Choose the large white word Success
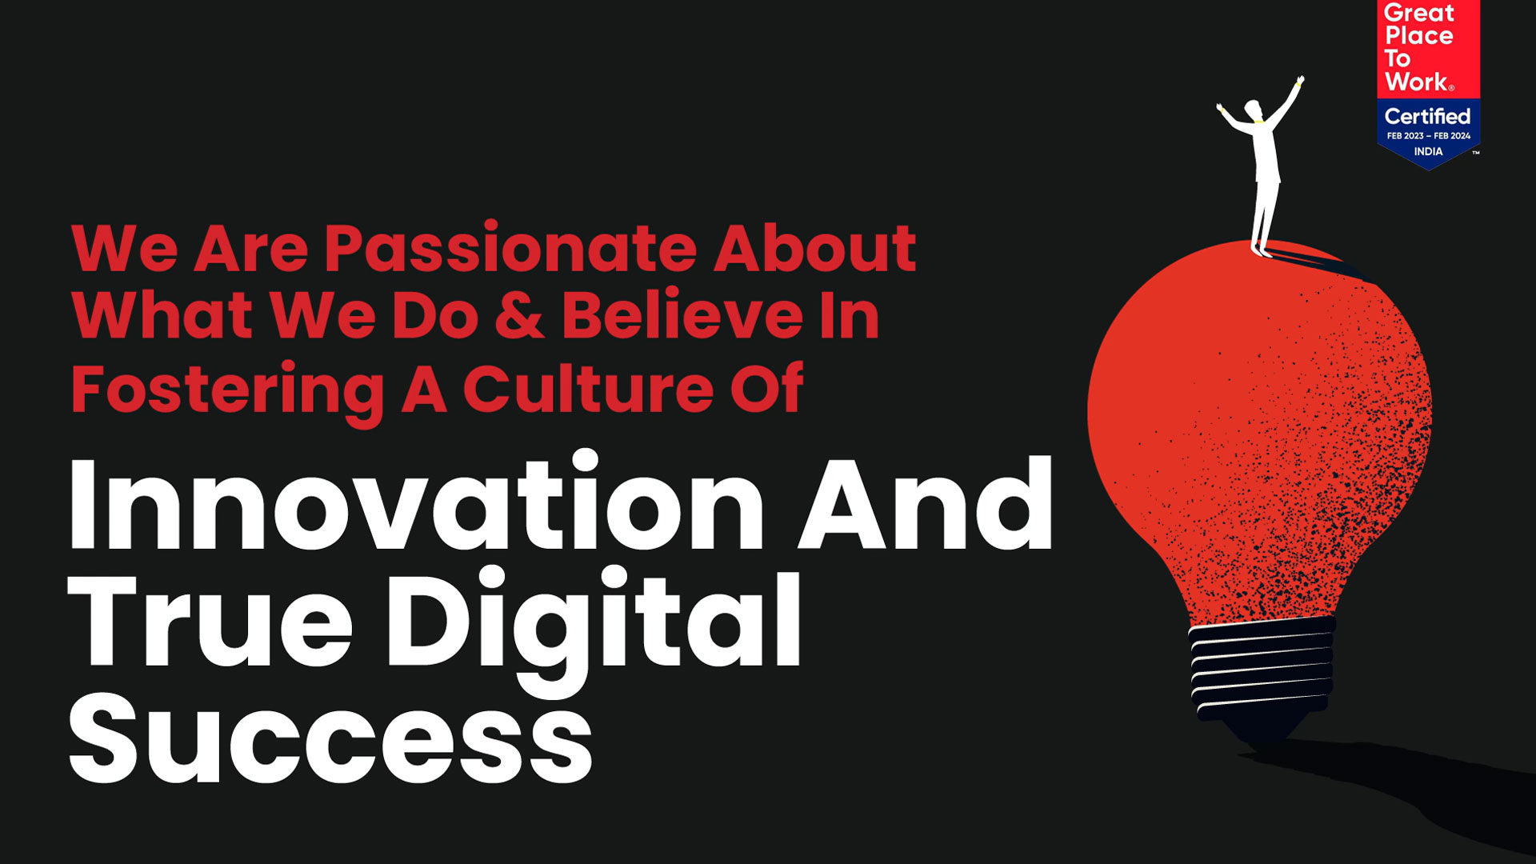pos(330,734)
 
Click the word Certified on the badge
pos(1428,117)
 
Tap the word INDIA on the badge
pos(1428,151)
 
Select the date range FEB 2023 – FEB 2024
pos(1429,136)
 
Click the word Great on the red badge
pos(1418,13)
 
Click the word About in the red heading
pos(815,250)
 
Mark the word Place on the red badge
pos(1419,35)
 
